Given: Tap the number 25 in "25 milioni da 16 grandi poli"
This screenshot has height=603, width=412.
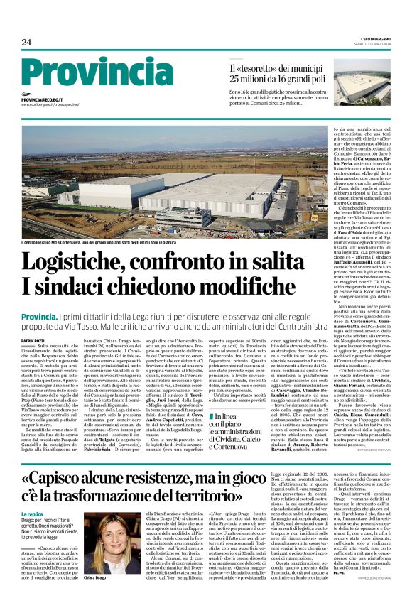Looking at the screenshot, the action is (x=235, y=78).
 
